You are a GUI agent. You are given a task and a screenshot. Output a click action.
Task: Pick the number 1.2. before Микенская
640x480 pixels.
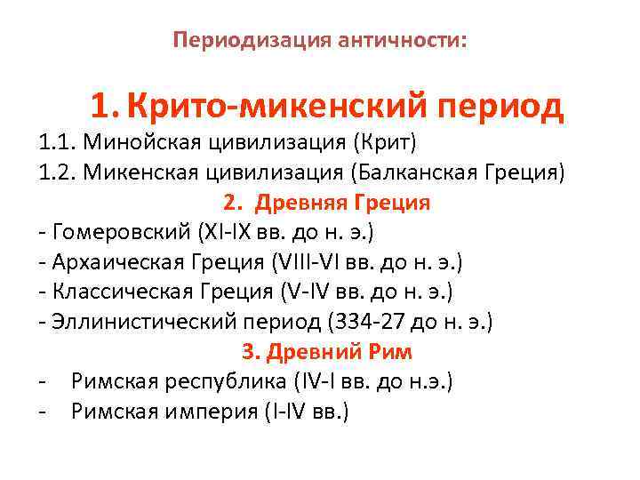58,172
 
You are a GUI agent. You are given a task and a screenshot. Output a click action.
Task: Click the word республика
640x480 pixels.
226,381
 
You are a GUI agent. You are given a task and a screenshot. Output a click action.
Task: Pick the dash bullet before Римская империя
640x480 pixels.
43,412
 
